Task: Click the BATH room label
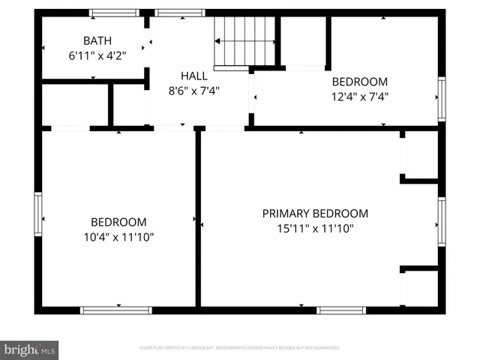97,40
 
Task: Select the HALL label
194,76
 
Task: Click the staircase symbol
245,41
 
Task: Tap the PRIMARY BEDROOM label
315,213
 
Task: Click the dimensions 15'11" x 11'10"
315,228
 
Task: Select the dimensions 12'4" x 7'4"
360,96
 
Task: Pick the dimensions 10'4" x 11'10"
118,237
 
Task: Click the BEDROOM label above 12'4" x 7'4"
360,81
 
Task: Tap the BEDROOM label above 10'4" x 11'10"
118,222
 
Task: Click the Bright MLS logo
29,349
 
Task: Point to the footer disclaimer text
240,348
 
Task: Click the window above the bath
114,13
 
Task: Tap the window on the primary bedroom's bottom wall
341,310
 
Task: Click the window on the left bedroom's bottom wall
116,310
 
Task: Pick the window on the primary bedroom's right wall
442,221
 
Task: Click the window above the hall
180,13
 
